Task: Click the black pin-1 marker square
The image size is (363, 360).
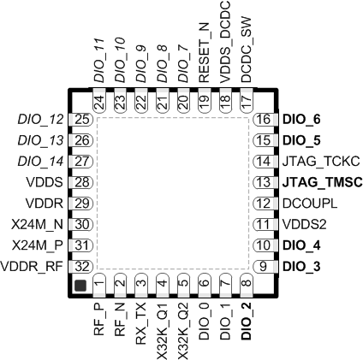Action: tap(80, 284)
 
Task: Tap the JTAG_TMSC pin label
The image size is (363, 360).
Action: tap(319, 182)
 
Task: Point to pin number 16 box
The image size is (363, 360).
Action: tap(264, 120)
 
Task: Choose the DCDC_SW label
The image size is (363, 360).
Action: tap(247, 57)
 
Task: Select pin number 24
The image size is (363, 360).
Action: tap(99, 101)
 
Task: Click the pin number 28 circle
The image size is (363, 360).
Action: tap(82, 182)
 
